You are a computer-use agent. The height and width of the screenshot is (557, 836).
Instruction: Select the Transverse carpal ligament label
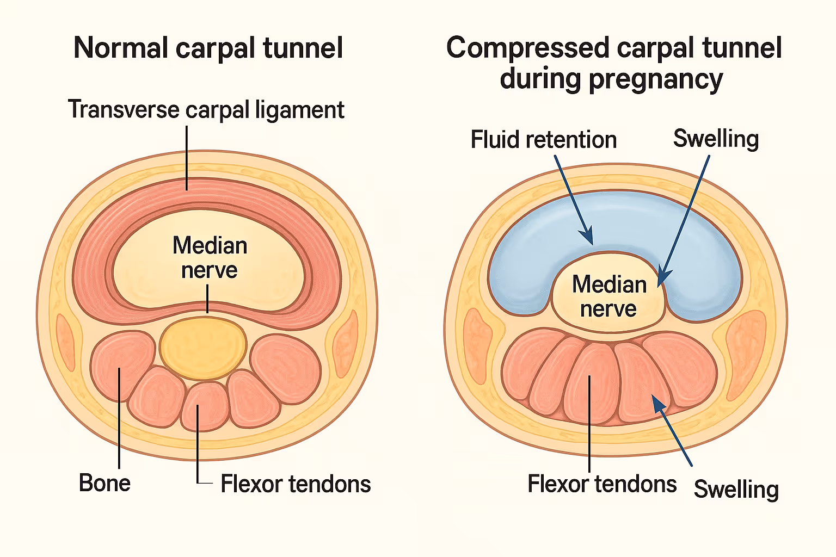coord(206,110)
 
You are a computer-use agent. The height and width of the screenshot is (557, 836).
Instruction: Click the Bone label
coord(104,483)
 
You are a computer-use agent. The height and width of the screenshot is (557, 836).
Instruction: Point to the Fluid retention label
coord(543,140)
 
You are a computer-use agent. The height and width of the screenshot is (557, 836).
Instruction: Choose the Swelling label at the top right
coord(716,139)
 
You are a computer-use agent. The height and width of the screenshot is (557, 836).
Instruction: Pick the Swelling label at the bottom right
coord(736,489)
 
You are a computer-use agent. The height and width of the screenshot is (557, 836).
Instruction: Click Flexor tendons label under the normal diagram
coord(296,484)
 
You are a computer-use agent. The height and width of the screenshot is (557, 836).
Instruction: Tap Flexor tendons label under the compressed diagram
coord(602,484)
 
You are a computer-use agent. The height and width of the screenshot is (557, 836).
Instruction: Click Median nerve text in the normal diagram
coord(210,258)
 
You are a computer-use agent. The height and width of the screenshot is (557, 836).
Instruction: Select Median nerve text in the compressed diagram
coord(609,296)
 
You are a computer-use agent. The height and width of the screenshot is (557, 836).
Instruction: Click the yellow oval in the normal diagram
coord(203,348)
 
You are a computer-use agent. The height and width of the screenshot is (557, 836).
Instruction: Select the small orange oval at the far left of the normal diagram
coord(66,343)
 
